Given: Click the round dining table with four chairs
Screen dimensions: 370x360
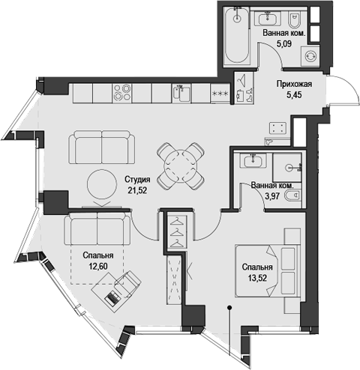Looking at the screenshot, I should [x=180, y=164].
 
